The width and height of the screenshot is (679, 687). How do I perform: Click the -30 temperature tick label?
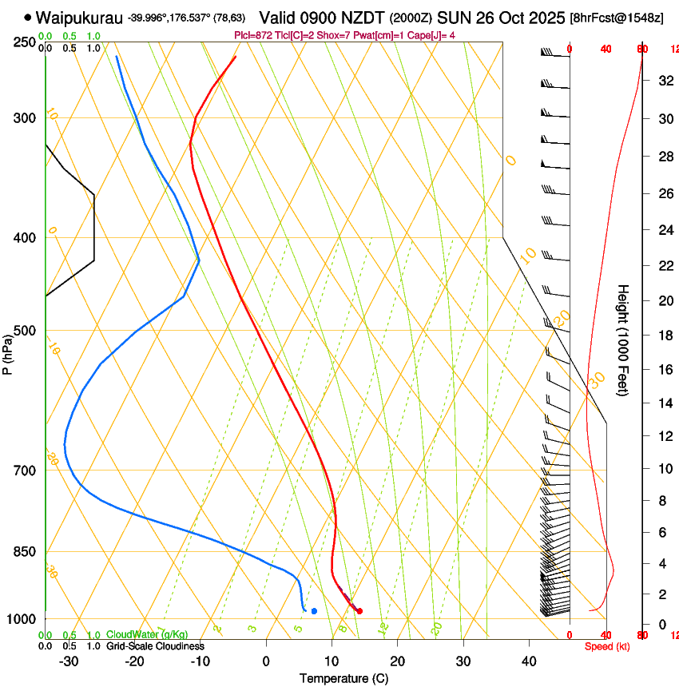tap(69, 661)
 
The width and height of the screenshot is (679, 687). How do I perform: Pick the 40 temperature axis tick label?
tap(529, 661)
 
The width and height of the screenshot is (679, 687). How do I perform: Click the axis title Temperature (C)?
tap(343, 678)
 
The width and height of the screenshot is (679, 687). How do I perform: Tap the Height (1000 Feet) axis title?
tap(624, 340)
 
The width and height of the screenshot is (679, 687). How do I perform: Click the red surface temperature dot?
tap(359, 611)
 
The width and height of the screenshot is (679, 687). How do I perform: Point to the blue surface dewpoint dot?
tap(314, 611)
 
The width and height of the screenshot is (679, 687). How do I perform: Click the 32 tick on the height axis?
tap(663, 80)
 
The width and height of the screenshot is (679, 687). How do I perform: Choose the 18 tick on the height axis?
tap(663, 336)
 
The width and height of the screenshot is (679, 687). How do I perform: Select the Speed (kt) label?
tap(607, 646)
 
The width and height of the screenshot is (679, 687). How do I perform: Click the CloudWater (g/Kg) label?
tap(146, 635)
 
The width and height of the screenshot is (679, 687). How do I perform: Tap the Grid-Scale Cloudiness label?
tap(155, 646)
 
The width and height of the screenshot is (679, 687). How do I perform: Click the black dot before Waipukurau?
tap(29, 17)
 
